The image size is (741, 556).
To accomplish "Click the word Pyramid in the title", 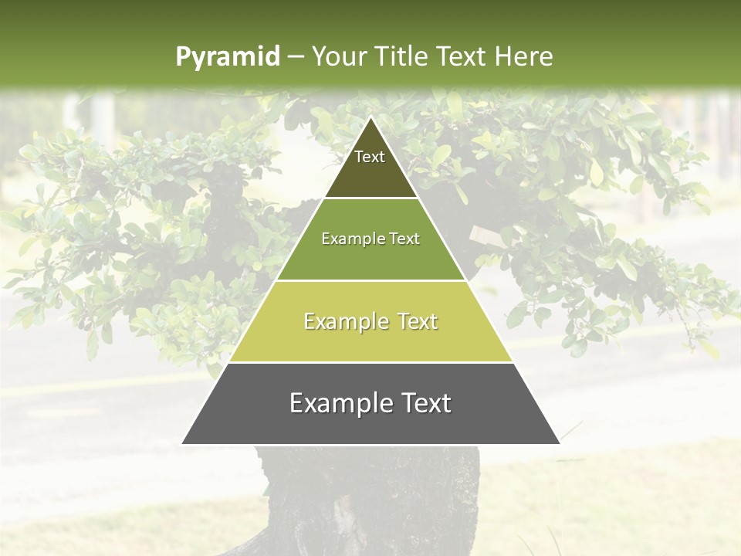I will (227, 57).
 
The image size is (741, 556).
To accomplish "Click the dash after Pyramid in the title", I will (295, 57).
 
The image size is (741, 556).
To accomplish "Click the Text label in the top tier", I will (370, 157).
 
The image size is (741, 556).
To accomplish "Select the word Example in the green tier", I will (346, 239).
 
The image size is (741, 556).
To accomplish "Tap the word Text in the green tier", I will (404, 239).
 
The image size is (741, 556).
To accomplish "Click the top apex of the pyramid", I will (370, 117).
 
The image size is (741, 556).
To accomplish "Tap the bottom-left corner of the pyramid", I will (182, 443).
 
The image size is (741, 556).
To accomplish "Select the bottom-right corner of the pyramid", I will (559, 443).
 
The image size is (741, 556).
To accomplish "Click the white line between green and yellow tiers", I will (370, 280).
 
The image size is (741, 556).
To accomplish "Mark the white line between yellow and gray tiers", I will (370, 362).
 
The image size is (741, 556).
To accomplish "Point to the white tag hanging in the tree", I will (482, 234).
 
